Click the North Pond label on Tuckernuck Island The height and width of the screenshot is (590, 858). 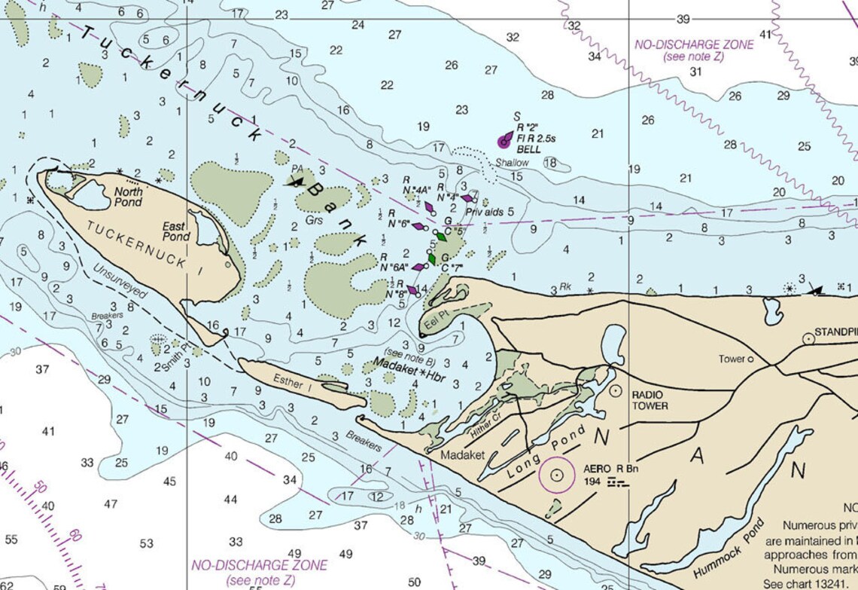(128, 197)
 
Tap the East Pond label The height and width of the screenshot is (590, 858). (176, 231)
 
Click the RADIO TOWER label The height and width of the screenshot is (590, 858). (650, 400)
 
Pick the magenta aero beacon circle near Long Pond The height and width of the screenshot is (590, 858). (557, 475)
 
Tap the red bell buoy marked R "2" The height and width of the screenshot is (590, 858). (504, 140)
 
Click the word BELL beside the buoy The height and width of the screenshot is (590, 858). (528, 150)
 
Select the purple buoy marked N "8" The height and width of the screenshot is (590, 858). (412, 289)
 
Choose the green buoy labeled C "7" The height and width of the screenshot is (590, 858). (432, 258)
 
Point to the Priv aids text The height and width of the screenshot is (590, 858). (484, 212)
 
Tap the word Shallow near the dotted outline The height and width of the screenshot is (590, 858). (512, 163)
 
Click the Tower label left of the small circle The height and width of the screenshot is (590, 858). (730, 359)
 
